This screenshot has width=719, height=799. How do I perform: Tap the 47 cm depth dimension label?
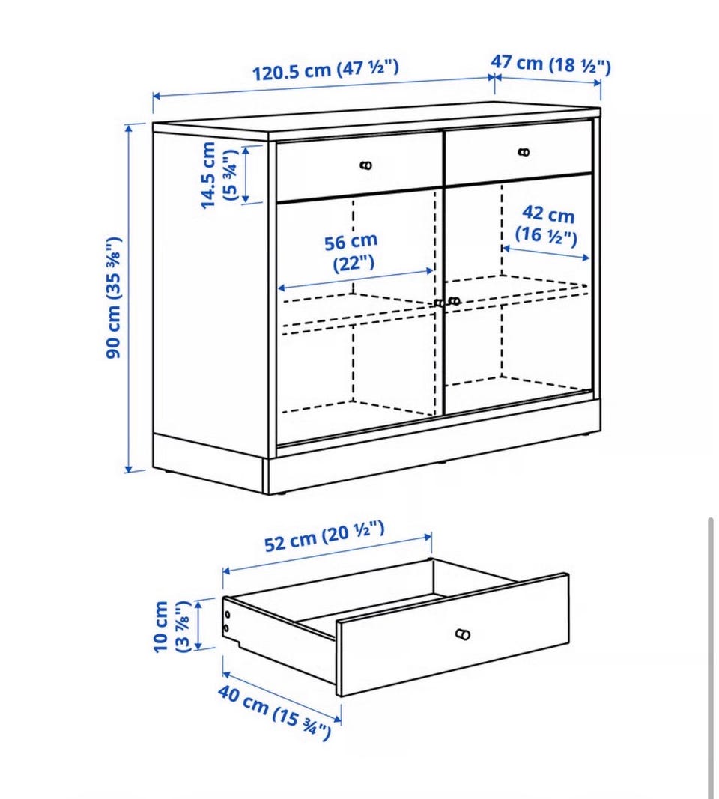point(550,64)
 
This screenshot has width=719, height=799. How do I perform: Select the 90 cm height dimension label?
point(114,298)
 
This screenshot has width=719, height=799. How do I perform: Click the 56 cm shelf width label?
point(351,252)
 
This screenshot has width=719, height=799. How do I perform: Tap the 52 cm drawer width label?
point(324,537)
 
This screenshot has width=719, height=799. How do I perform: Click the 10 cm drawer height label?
point(172,626)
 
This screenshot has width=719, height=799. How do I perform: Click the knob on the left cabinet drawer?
point(366,165)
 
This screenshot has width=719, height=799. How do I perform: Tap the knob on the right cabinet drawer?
point(524,152)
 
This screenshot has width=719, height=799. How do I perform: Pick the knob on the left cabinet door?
point(439,303)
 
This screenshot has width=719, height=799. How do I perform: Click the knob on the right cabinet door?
point(454,301)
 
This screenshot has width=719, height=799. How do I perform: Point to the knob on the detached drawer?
point(463,634)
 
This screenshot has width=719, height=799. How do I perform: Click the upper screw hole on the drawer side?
point(227,615)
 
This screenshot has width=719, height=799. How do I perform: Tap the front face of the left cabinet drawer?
point(359,165)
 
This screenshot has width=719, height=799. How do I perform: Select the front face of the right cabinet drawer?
point(519,152)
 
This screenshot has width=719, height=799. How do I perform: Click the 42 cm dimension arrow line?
point(546,253)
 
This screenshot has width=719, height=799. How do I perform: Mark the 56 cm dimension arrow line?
point(356,279)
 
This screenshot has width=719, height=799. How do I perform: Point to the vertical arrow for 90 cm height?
point(129,298)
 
